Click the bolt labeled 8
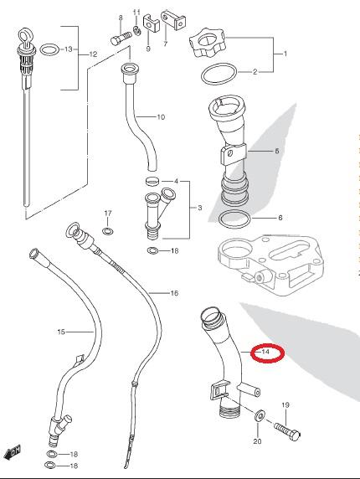[x=121, y=39]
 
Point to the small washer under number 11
[x=136, y=30]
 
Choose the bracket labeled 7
[x=172, y=20]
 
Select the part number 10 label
[x=161, y=117]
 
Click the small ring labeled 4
[x=152, y=182]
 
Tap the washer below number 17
[x=107, y=230]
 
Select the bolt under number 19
[x=287, y=430]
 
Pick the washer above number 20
[x=260, y=415]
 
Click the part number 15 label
[x=61, y=332]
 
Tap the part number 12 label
[x=93, y=54]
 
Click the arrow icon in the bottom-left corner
[x=12, y=451]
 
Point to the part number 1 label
[x=285, y=54]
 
